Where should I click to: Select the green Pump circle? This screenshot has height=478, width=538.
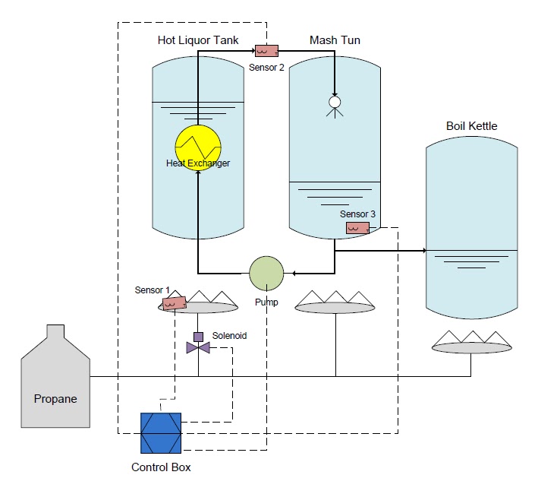[266, 273]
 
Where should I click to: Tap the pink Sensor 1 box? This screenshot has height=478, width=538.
[175, 303]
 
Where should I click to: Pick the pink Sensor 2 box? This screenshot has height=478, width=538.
[266, 51]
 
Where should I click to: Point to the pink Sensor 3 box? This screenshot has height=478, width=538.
[357, 227]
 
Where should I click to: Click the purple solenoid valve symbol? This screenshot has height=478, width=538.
[197, 347]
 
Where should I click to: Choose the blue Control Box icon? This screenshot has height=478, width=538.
[161, 432]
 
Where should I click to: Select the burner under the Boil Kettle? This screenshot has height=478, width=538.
[470, 343]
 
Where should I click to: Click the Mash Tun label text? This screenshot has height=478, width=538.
[334, 40]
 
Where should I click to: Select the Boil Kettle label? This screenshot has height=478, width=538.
[472, 125]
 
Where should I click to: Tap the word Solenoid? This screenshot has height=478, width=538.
[228, 335]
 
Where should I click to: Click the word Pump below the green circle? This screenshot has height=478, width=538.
[266, 302]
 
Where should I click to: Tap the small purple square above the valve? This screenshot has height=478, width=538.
[198, 336]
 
